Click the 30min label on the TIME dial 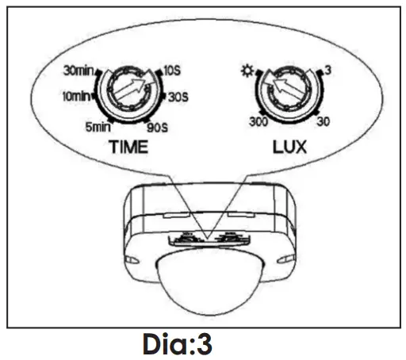pyautogui.click(x=79, y=71)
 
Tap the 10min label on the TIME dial pyautogui.click(x=76, y=97)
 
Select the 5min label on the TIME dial pyautogui.click(x=98, y=127)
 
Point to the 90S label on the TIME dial pyautogui.click(x=158, y=128)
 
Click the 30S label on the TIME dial pyautogui.click(x=178, y=98)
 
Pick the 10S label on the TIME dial pyautogui.click(x=172, y=71)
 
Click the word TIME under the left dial pyautogui.click(x=128, y=147)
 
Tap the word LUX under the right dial pyautogui.click(x=289, y=147)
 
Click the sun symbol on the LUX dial pyautogui.click(x=247, y=71)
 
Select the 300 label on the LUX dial pyautogui.click(x=259, y=122)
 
